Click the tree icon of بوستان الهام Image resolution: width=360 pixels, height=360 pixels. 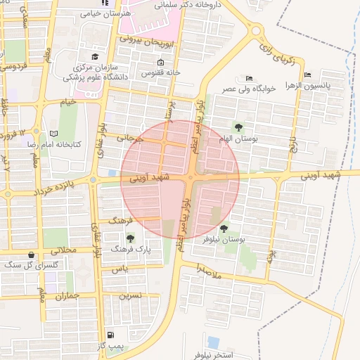tap(239, 127)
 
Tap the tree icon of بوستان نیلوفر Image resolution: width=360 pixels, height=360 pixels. tap(224, 229)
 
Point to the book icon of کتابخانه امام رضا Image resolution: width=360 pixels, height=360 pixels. tap(54, 133)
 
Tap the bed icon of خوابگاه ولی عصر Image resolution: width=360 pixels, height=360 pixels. tap(249, 78)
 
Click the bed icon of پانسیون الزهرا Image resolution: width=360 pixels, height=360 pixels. tap(307, 75)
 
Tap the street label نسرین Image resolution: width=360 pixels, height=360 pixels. tap(130, 296)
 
